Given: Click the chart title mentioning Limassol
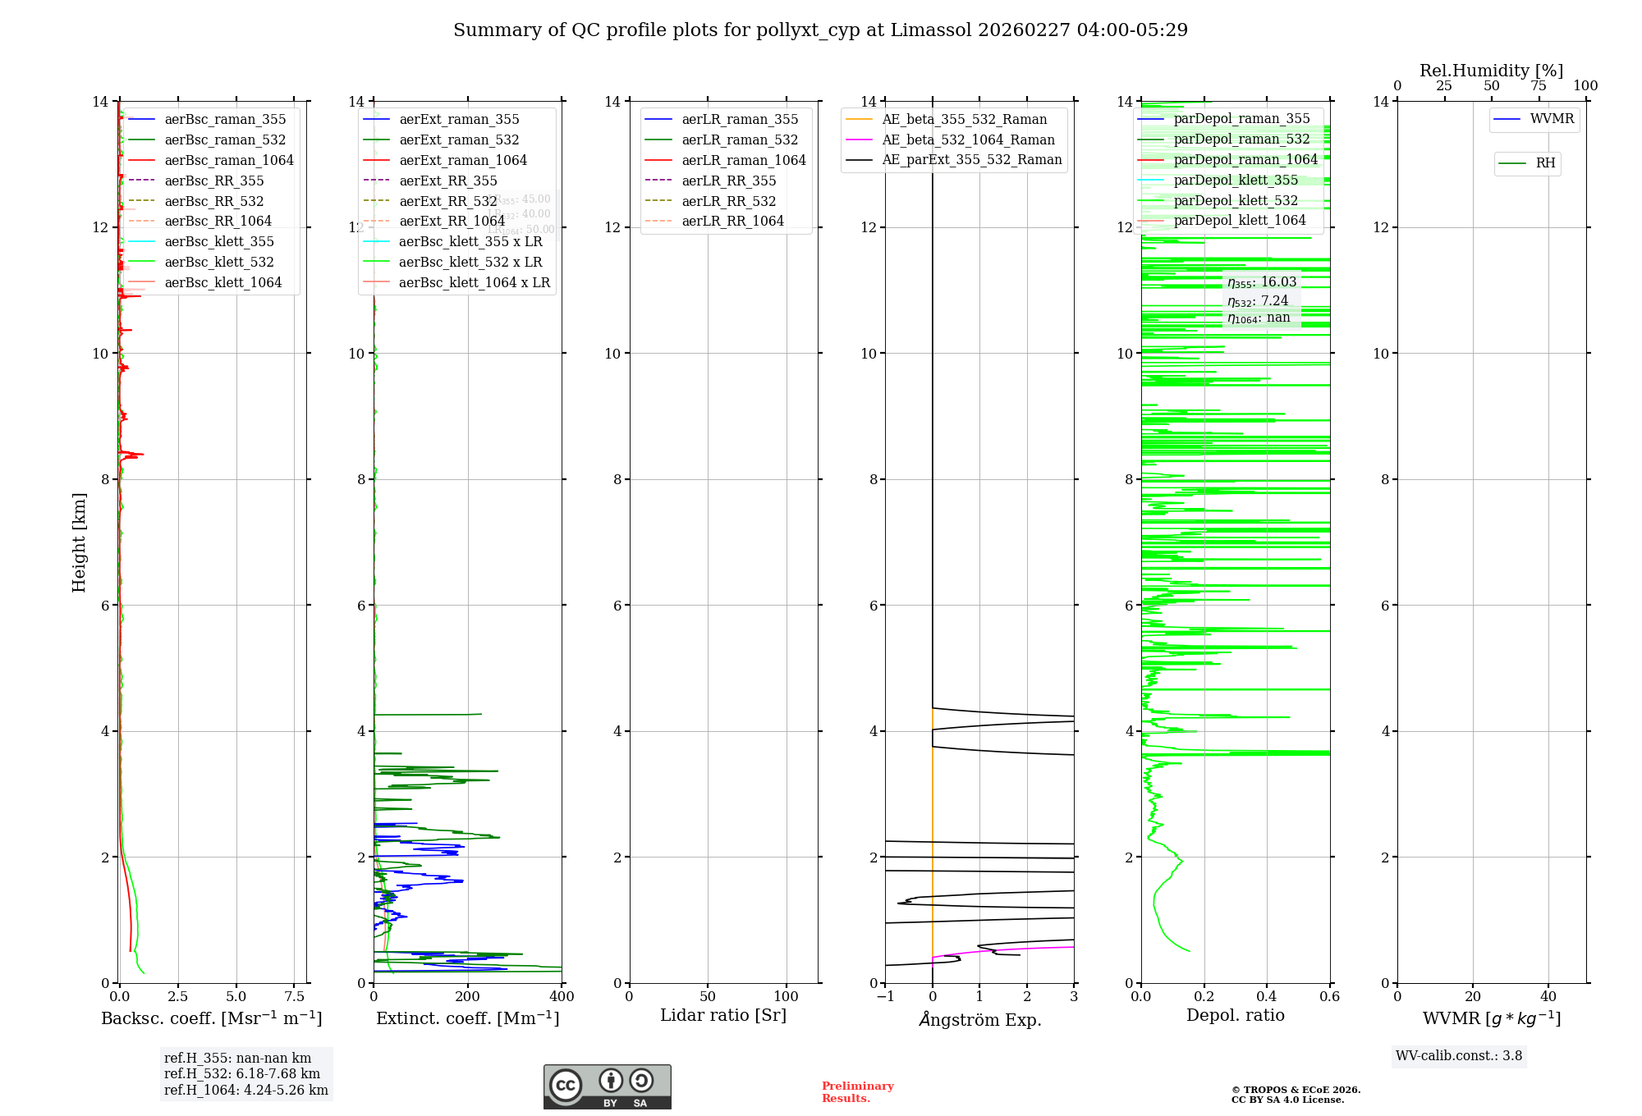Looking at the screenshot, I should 820,30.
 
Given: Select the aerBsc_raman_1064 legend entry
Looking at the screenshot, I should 228,160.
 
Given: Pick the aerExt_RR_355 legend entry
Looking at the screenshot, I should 447,181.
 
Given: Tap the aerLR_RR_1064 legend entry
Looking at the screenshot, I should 732,221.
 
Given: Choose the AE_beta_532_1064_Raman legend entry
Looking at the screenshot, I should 968,139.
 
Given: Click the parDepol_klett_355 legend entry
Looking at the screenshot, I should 1236,180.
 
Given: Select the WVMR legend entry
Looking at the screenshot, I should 1552,119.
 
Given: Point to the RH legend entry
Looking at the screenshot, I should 1545,163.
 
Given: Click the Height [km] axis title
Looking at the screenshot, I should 79,542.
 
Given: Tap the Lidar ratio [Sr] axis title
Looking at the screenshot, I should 723,1015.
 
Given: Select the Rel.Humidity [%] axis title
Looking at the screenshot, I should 1491,71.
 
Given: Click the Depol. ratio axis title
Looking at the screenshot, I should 1235,1015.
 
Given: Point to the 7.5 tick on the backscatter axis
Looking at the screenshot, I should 295,997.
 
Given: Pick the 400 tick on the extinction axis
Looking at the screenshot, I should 562,997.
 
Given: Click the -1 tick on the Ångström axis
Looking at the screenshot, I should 884,997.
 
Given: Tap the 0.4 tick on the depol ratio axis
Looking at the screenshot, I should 1267,997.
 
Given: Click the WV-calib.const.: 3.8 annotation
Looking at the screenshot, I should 1459,1056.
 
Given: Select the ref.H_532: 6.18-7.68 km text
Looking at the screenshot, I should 242,1074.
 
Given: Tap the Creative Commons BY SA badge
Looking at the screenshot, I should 607,1087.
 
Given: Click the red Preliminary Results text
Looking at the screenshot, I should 857,1092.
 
